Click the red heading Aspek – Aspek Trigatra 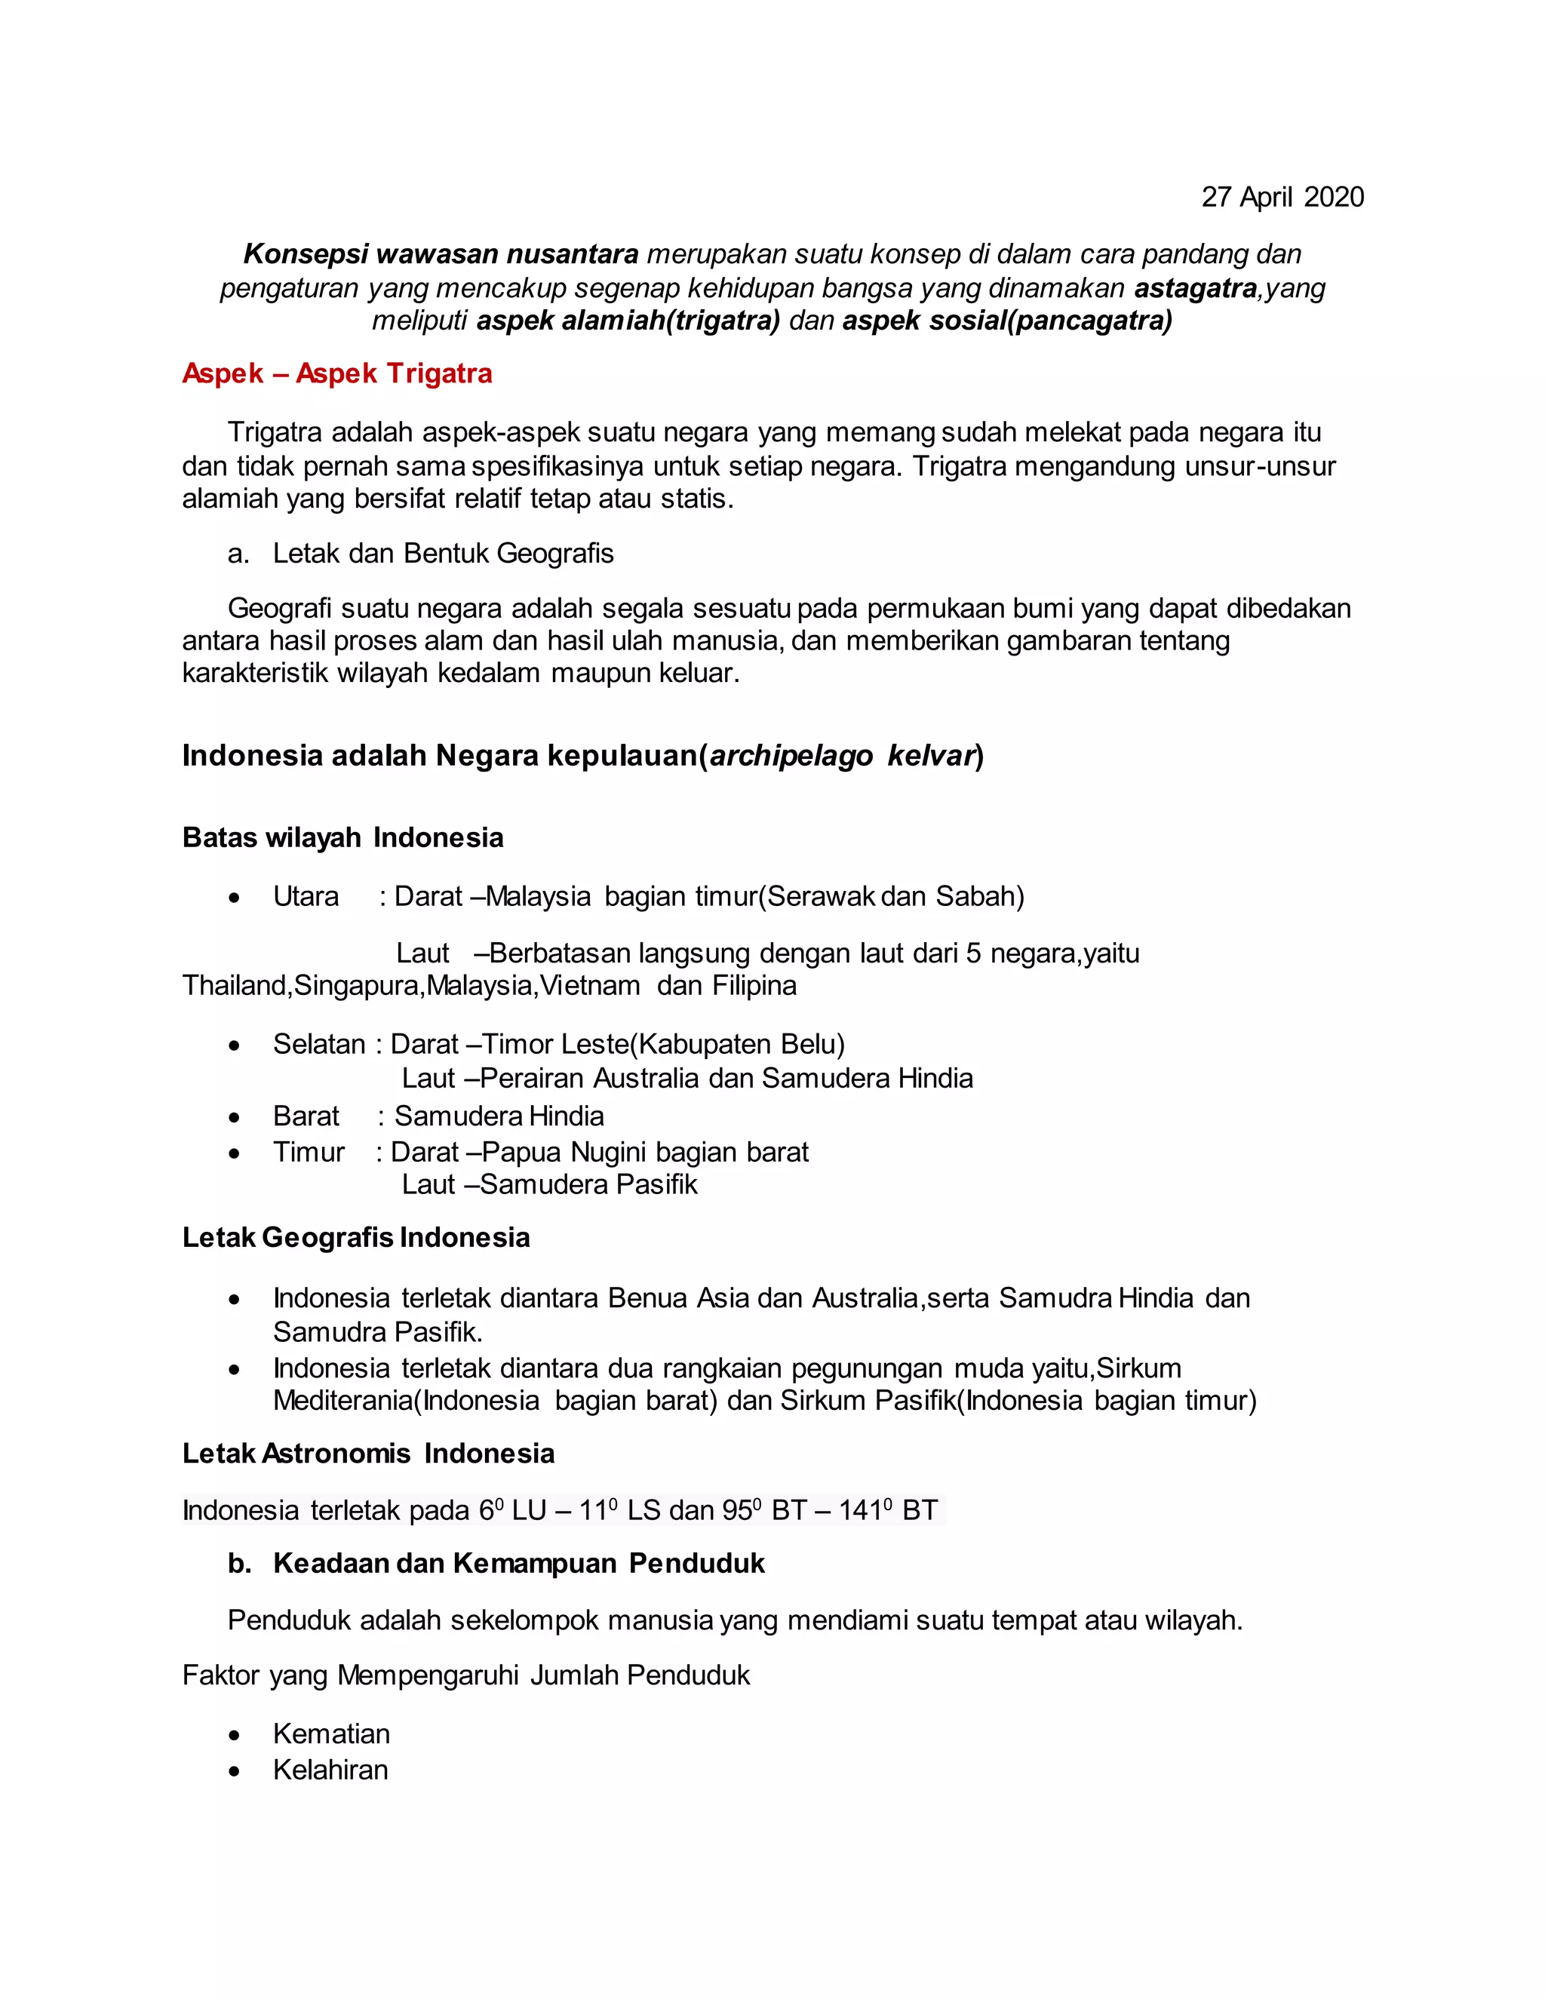(336, 373)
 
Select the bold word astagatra (1196, 288)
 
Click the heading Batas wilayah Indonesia (342, 837)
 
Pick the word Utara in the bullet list (306, 896)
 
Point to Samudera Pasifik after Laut (588, 1184)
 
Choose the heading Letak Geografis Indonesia (356, 1237)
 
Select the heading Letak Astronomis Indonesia (368, 1454)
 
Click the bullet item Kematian (331, 1733)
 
